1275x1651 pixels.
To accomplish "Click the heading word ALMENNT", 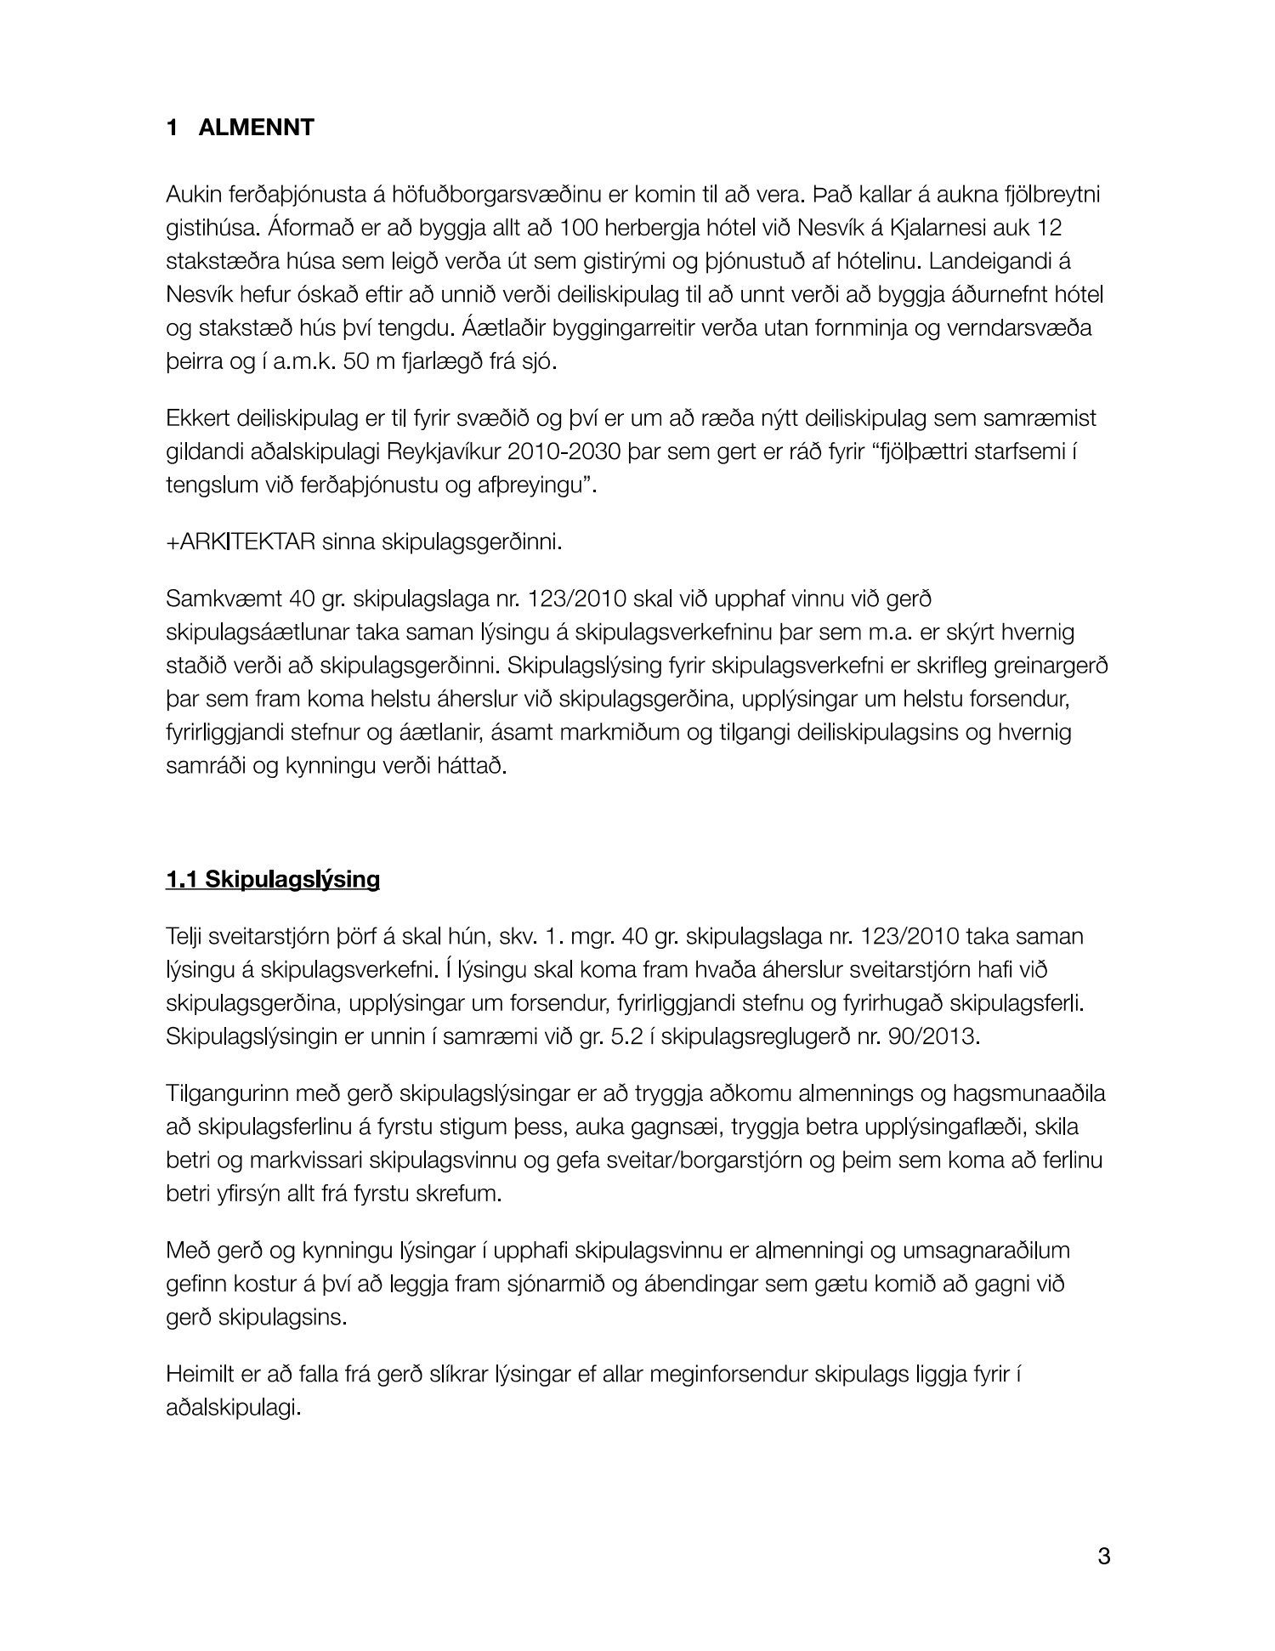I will [256, 128].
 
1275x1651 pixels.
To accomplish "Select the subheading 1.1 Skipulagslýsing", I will [273, 879].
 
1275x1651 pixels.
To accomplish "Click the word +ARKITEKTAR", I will [241, 542].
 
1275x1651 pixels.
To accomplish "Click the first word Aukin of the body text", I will [195, 195].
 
